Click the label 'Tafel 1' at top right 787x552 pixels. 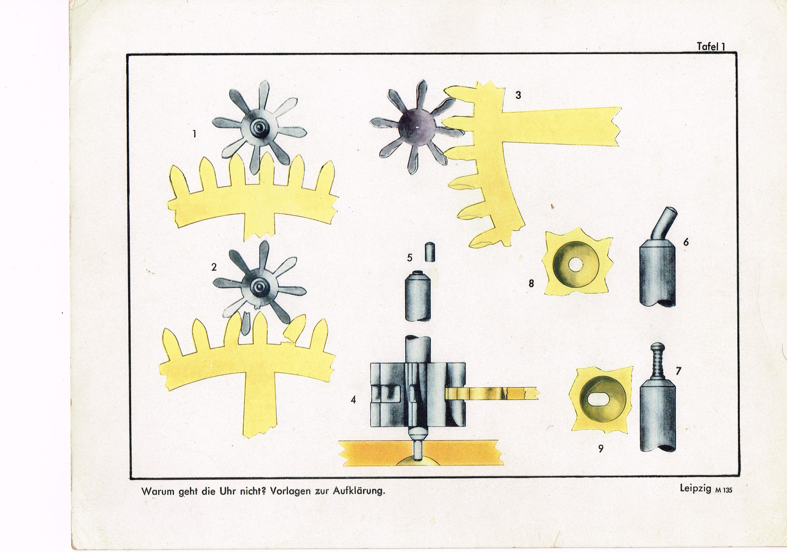click(711, 47)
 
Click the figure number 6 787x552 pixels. click(686, 242)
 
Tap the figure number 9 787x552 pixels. click(601, 449)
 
